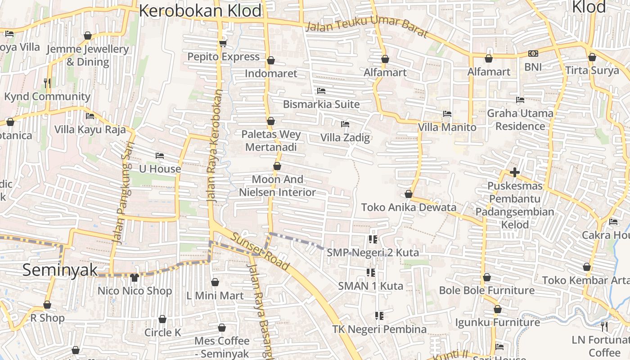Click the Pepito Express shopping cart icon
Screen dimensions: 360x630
[222, 43]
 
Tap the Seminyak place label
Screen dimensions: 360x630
[60, 270]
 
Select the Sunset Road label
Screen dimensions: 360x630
[260, 251]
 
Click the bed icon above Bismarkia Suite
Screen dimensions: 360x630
[321, 91]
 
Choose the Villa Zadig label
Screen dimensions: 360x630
[345, 138]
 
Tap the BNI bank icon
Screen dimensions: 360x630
[533, 54]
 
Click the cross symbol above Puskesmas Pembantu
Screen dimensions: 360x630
[514, 172]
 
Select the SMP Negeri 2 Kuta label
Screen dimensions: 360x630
[373, 252]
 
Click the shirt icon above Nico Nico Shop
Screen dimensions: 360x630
[135, 277]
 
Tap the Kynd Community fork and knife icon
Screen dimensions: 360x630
[47, 83]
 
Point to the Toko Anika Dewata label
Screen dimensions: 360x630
[409, 207]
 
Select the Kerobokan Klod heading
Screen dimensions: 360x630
[200, 10]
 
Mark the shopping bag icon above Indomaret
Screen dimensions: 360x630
[271, 60]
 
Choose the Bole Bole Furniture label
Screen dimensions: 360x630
[486, 290]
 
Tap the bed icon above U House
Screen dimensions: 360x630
[159, 156]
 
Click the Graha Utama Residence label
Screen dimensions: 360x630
[520, 119]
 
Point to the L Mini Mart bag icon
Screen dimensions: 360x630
[215, 282]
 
